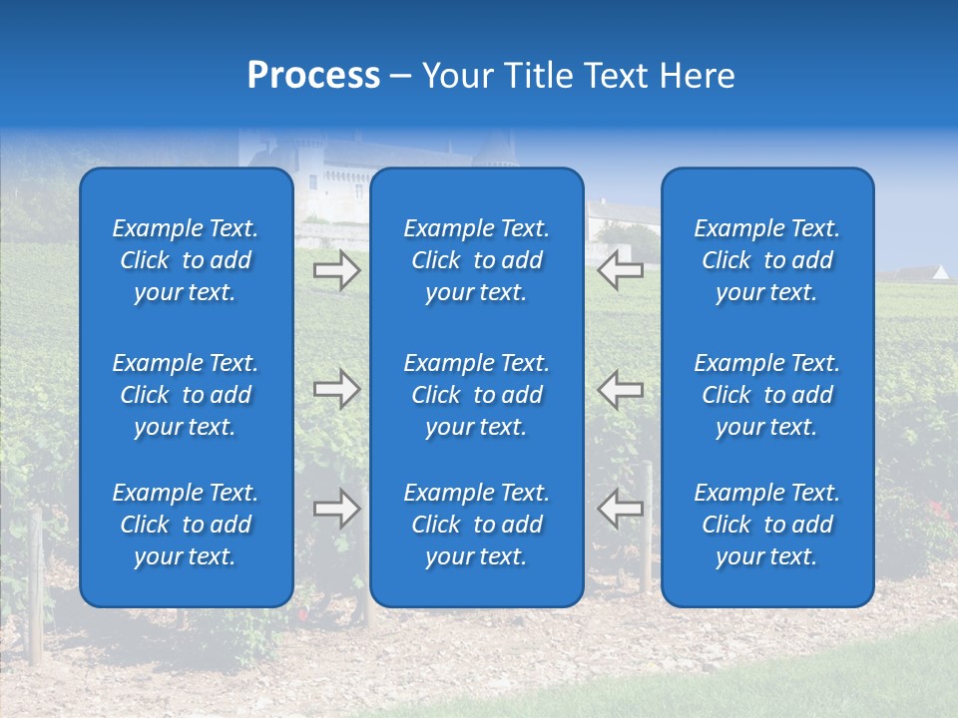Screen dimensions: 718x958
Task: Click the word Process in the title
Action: pyautogui.click(x=313, y=76)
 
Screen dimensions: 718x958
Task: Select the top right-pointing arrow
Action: pyautogui.click(x=336, y=270)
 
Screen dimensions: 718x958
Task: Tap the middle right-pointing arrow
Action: pyautogui.click(x=336, y=388)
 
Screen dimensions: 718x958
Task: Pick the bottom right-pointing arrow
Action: pyautogui.click(x=336, y=509)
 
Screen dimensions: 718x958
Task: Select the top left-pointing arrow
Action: pyautogui.click(x=620, y=270)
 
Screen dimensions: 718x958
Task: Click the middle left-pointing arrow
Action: pyautogui.click(x=620, y=388)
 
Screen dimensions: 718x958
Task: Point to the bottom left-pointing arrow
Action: pyautogui.click(x=620, y=509)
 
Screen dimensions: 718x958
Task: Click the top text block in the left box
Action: pyautogui.click(x=186, y=260)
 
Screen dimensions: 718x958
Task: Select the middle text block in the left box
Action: pyautogui.click(x=186, y=395)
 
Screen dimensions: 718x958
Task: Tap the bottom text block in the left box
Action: pyautogui.click(x=186, y=525)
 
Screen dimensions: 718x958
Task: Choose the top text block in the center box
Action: pyautogui.click(x=476, y=260)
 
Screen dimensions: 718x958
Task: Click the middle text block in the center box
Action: pyautogui.click(x=476, y=395)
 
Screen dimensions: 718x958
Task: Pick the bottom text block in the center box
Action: pyautogui.click(x=476, y=525)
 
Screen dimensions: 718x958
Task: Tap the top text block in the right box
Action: pyautogui.click(x=766, y=260)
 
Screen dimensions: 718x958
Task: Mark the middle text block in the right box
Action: pyautogui.click(x=766, y=395)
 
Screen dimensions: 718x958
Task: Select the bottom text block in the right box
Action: pyautogui.click(x=766, y=525)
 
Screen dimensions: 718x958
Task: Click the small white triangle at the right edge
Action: pyautogui.click(x=941, y=271)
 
